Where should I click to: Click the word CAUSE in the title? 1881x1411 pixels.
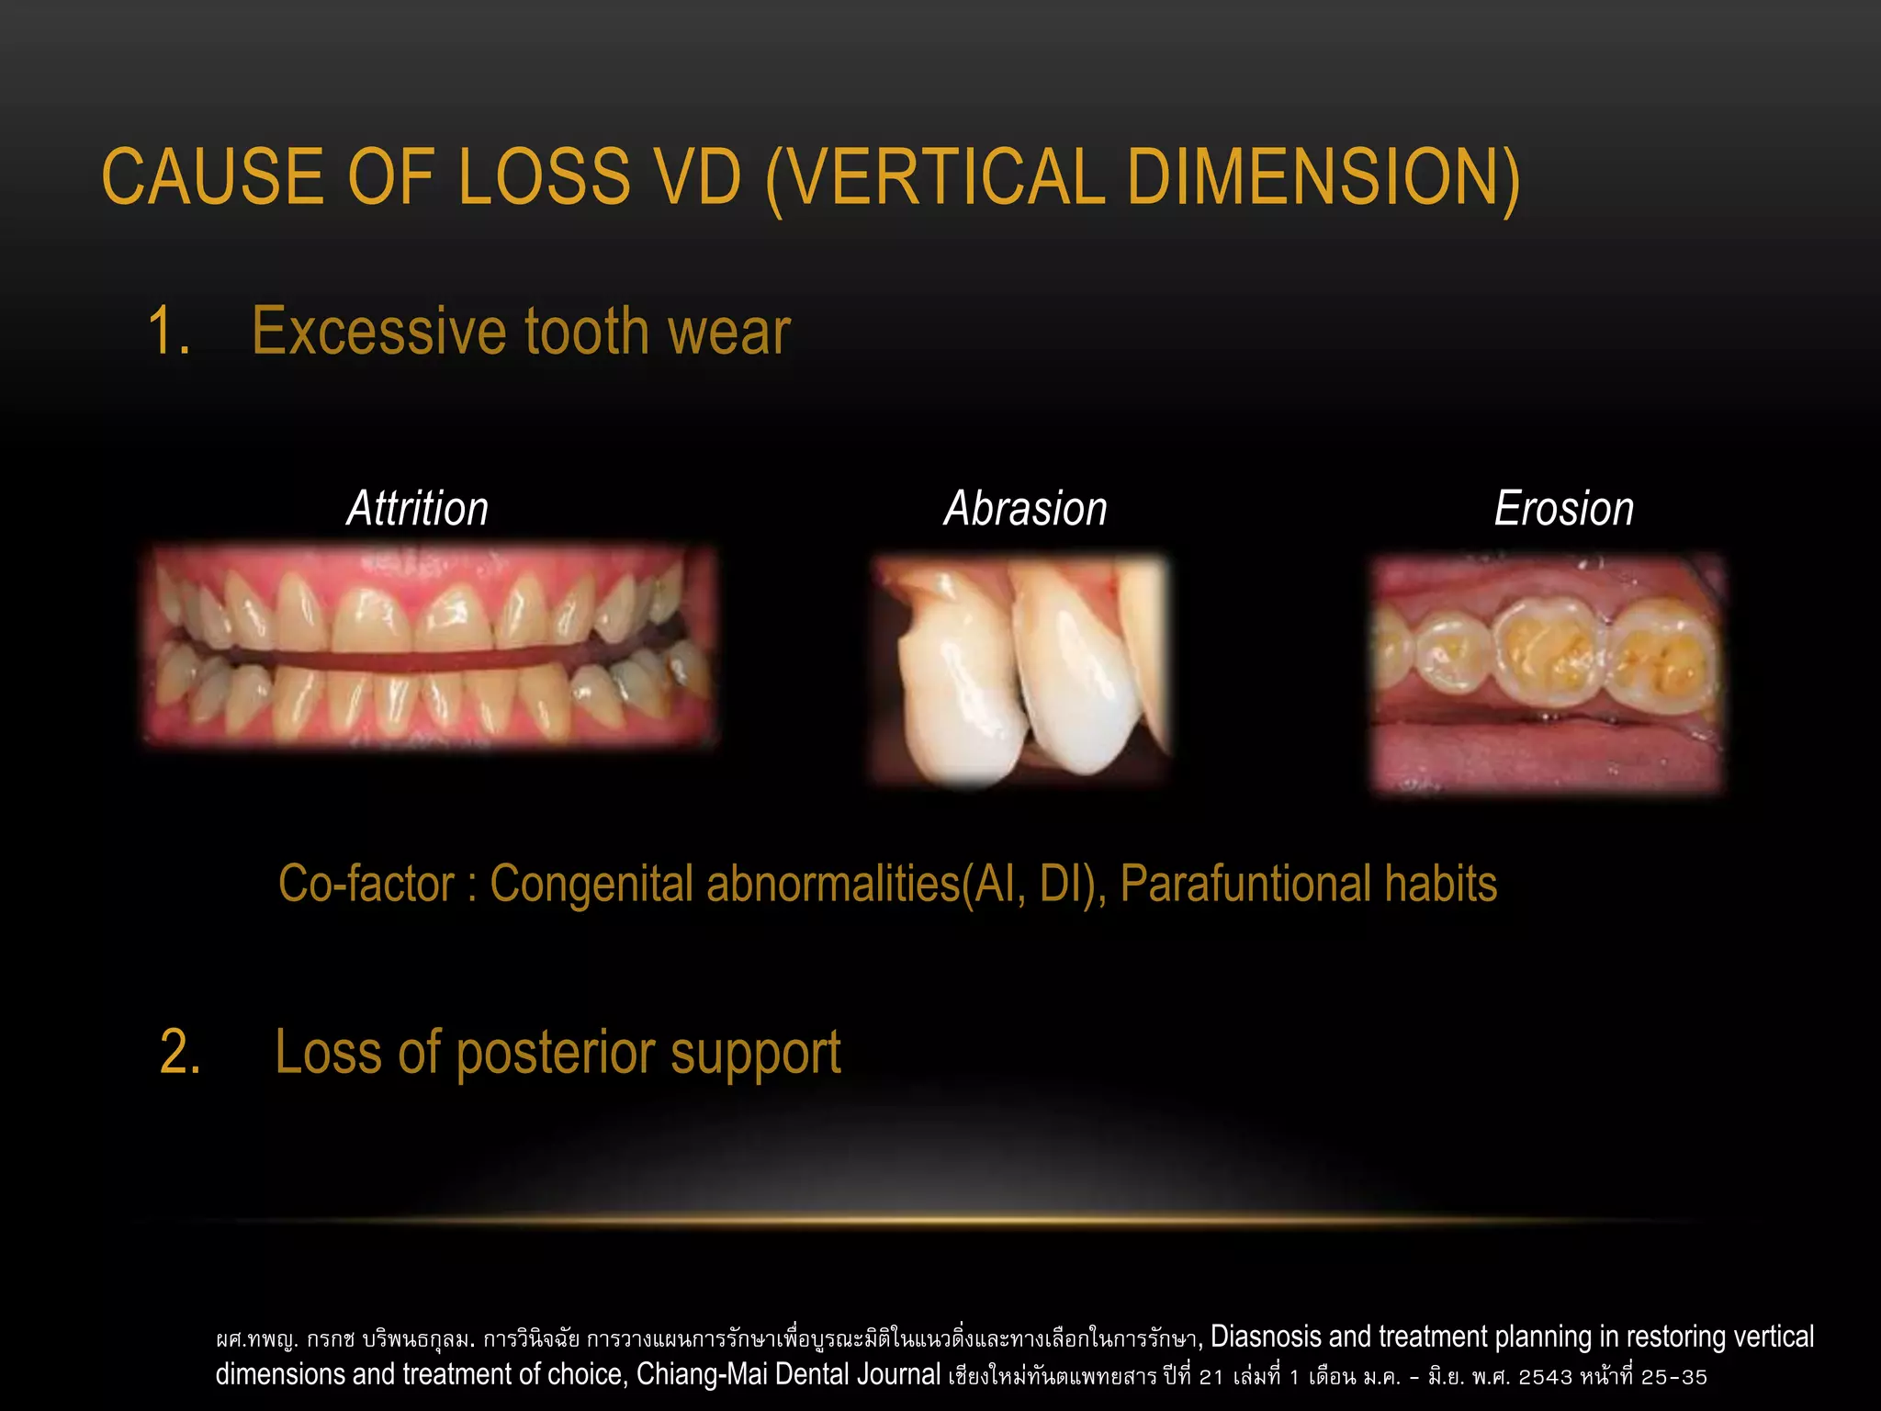coord(214,176)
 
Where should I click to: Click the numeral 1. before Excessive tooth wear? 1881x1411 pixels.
coord(169,332)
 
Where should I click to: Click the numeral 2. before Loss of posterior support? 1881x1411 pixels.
coord(181,1052)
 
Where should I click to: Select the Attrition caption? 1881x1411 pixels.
coord(417,509)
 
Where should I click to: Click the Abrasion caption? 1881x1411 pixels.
coord(1026,509)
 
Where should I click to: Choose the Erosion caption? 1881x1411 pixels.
coord(1564,509)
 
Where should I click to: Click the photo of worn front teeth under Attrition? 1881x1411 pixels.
coord(430,646)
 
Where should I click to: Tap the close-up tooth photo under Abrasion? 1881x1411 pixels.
coord(1020,671)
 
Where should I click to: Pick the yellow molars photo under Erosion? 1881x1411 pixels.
coord(1549,674)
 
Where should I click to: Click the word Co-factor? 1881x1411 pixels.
coord(366,884)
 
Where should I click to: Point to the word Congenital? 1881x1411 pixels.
coord(591,884)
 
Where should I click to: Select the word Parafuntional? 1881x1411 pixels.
coord(1245,884)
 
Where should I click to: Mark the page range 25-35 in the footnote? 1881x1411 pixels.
coord(1673,1377)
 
